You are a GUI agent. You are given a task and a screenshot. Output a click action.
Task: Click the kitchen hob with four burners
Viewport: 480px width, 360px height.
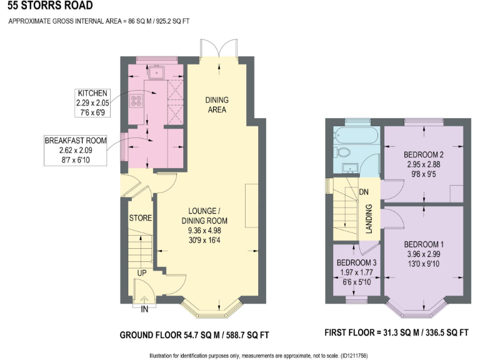(x=137, y=101)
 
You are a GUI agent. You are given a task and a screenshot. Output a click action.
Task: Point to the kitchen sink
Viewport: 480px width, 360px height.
(x=155, y=72)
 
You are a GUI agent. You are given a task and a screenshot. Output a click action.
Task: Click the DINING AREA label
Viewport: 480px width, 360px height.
(x=217, y=105)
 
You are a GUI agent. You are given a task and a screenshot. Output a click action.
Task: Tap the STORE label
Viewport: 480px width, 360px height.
(x=141, y=218)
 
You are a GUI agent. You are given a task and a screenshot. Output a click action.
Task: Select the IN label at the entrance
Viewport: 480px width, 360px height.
(x=145, y=308)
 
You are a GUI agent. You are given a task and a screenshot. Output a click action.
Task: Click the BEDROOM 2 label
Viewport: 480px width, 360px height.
(x=423, y=154)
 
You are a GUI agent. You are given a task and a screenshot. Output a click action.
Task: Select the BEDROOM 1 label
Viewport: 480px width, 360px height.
(x=423, y=244)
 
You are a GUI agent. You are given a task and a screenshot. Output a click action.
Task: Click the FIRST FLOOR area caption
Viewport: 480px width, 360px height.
(x=396, y=333)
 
